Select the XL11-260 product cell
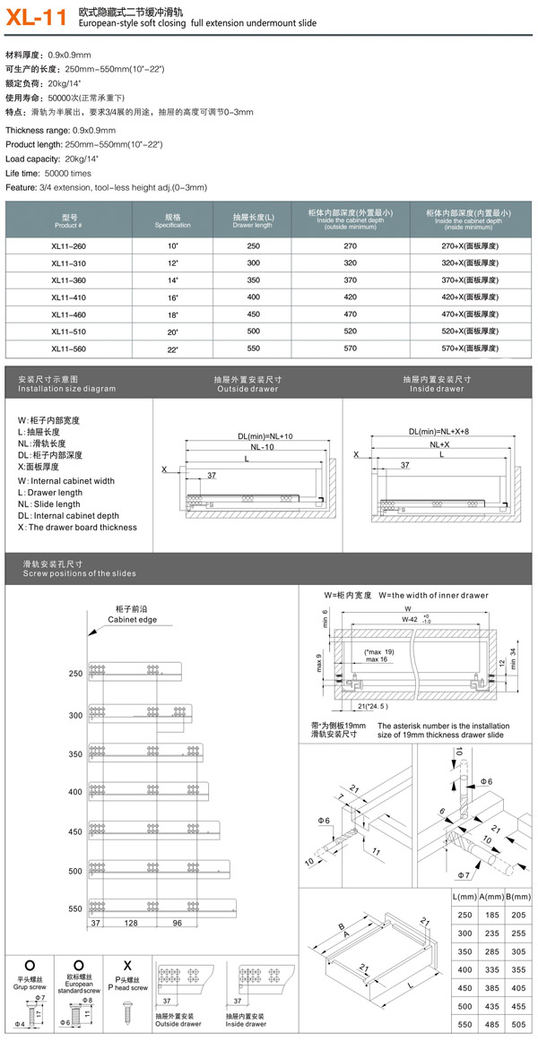69,245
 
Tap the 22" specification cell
172,348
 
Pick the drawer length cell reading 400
253,297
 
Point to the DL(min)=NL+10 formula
265,436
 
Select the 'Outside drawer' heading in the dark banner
247,389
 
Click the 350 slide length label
74,754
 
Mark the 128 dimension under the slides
131,923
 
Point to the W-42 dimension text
409,618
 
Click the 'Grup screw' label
30,985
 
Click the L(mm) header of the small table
464,897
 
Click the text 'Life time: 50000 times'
48,173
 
